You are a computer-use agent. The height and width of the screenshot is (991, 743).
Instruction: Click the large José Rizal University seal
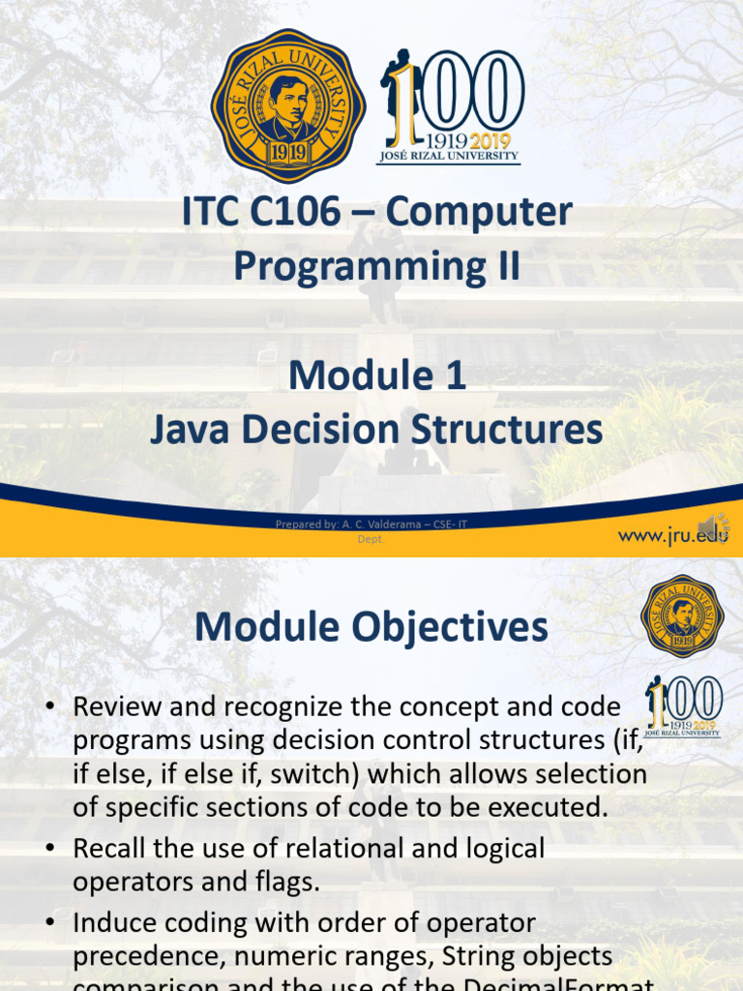click(x=288, y=106)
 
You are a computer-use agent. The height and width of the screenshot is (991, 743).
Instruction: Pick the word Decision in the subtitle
click(x=333, y=430)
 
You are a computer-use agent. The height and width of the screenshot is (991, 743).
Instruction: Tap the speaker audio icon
click(x=714, y=526)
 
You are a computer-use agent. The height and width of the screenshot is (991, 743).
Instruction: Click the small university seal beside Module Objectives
click(x=682, y=616)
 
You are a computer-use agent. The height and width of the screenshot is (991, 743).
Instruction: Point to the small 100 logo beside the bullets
click(x=684, y=706)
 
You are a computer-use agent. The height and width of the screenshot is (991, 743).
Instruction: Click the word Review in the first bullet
click(x=118, y=707)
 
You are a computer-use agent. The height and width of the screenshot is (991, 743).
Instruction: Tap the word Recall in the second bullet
click(x=113, y=849)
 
